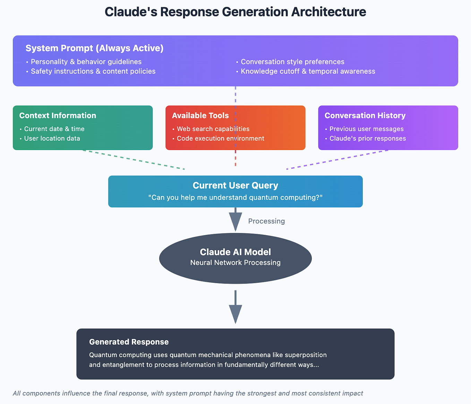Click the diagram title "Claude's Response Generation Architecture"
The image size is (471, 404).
(x=235, y=12)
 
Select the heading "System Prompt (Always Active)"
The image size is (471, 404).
(x=94, y=48)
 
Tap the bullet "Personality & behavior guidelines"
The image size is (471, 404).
(x=86, y=62)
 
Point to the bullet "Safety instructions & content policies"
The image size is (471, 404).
(x=93, y=71)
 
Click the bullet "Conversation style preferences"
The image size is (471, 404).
(x=292, y=62)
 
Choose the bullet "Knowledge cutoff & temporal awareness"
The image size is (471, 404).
(x=308, y=71)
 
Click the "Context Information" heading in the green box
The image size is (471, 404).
(x=58, y=115)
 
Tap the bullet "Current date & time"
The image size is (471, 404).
(x=54, y=129)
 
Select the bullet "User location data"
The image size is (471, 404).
(x=52, y=138)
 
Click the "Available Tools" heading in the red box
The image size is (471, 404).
(x=200, y=115)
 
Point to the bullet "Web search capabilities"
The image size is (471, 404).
(x=213, y=129)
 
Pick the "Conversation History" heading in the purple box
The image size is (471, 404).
(x=365, y=115)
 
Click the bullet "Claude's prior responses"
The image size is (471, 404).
(x=367, y=138)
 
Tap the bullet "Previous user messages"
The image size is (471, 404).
(x=366, y=129)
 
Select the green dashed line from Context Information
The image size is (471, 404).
(x=134, y=160)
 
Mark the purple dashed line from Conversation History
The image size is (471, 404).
(x=337, y=160)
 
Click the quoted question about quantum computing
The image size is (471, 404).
(x=235, y=198)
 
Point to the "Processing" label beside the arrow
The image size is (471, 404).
(x=266, y=221)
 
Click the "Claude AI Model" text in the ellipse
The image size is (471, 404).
(x=235, y=252)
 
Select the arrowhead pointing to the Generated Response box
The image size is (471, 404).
(x=235, y=314)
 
